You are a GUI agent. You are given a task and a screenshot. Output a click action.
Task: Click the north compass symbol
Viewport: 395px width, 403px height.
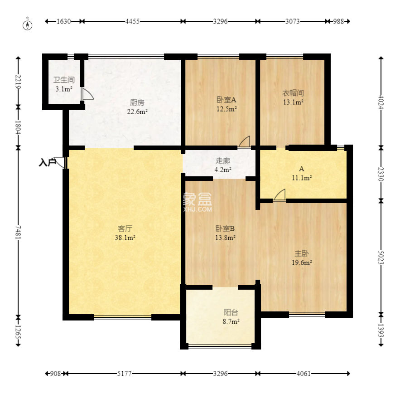28,24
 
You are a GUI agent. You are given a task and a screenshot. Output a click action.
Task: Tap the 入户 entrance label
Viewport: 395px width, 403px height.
47,162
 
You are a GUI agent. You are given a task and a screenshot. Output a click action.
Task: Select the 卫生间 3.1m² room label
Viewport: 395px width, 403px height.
64,84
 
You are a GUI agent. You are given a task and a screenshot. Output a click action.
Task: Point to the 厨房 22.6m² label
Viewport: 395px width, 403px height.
137,107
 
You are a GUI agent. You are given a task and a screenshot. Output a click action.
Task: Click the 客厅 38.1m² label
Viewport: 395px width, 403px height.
125,233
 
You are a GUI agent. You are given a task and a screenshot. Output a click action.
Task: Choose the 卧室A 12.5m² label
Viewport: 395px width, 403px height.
226,104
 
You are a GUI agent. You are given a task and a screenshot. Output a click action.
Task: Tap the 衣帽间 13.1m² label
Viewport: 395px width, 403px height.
293,97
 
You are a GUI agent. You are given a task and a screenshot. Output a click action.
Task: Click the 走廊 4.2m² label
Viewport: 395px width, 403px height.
223,165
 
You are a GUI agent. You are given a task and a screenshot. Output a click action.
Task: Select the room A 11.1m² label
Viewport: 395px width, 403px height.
302,173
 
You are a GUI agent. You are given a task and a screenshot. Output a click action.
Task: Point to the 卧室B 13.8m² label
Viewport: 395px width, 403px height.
225,233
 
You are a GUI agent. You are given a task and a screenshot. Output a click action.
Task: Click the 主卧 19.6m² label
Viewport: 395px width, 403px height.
302,258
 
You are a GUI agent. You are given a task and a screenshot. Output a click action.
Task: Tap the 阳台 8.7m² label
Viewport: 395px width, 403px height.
231,316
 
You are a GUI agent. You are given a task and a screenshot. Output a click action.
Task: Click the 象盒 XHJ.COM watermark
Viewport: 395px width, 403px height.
197,203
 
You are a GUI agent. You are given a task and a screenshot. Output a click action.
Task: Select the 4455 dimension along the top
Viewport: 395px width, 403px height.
132,21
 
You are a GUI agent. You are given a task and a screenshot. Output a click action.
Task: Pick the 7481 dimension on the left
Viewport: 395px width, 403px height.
18,233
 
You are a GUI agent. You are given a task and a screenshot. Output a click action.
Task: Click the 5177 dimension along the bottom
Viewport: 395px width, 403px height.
124,374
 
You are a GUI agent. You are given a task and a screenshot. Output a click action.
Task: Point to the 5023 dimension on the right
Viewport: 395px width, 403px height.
381,257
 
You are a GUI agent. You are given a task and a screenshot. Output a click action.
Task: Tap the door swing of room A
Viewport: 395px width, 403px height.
279,194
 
